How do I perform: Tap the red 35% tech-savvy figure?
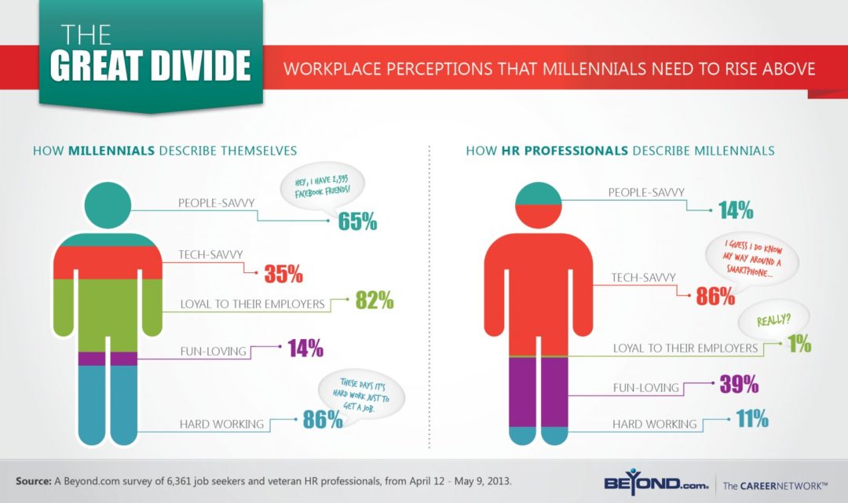coord(283,274)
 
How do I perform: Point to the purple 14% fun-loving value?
coord(305,347)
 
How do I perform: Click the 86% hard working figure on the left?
coord(323,419)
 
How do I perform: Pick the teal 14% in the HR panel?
coord(735,210)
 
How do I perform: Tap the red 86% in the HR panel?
coord(715,296)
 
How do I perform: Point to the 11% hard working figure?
coord(751,419)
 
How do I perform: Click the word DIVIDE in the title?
coord(199,66)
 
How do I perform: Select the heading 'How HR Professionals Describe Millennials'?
coord(620,150)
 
